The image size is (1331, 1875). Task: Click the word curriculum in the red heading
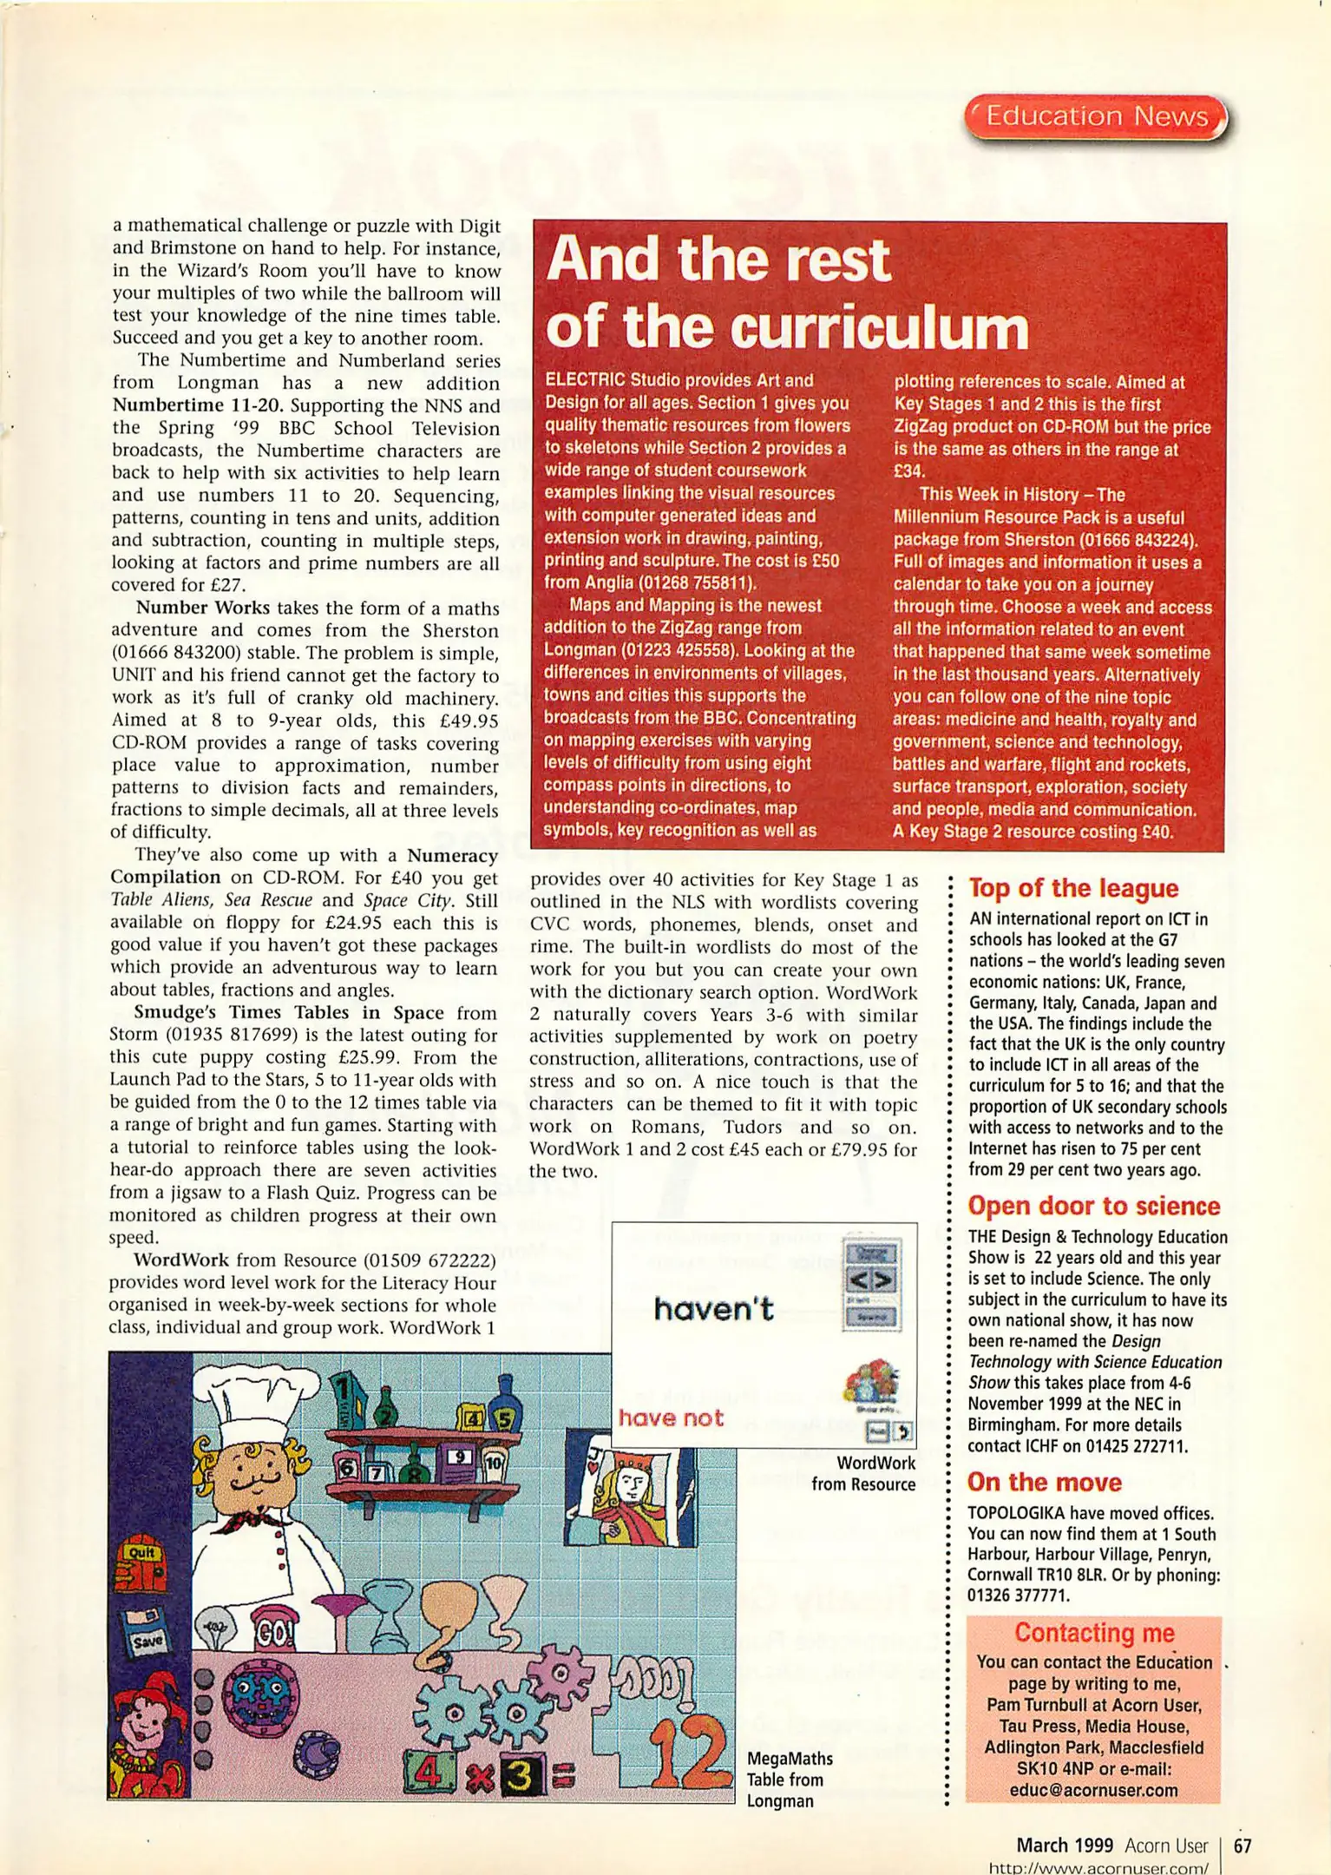pos(877,328)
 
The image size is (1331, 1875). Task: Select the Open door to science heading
pos(1093,1206)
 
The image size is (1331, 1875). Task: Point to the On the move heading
pos(1044,1482)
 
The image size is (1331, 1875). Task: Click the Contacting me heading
pos(1093,1633)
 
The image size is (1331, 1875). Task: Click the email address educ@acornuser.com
pos(1093,1790)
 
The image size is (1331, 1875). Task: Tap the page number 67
pos(1242,1845)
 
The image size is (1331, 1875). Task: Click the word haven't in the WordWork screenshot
pos(713,1309)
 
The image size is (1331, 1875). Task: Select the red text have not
pos(671,1418)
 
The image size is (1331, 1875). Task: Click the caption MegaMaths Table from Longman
pos(789,1779)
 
